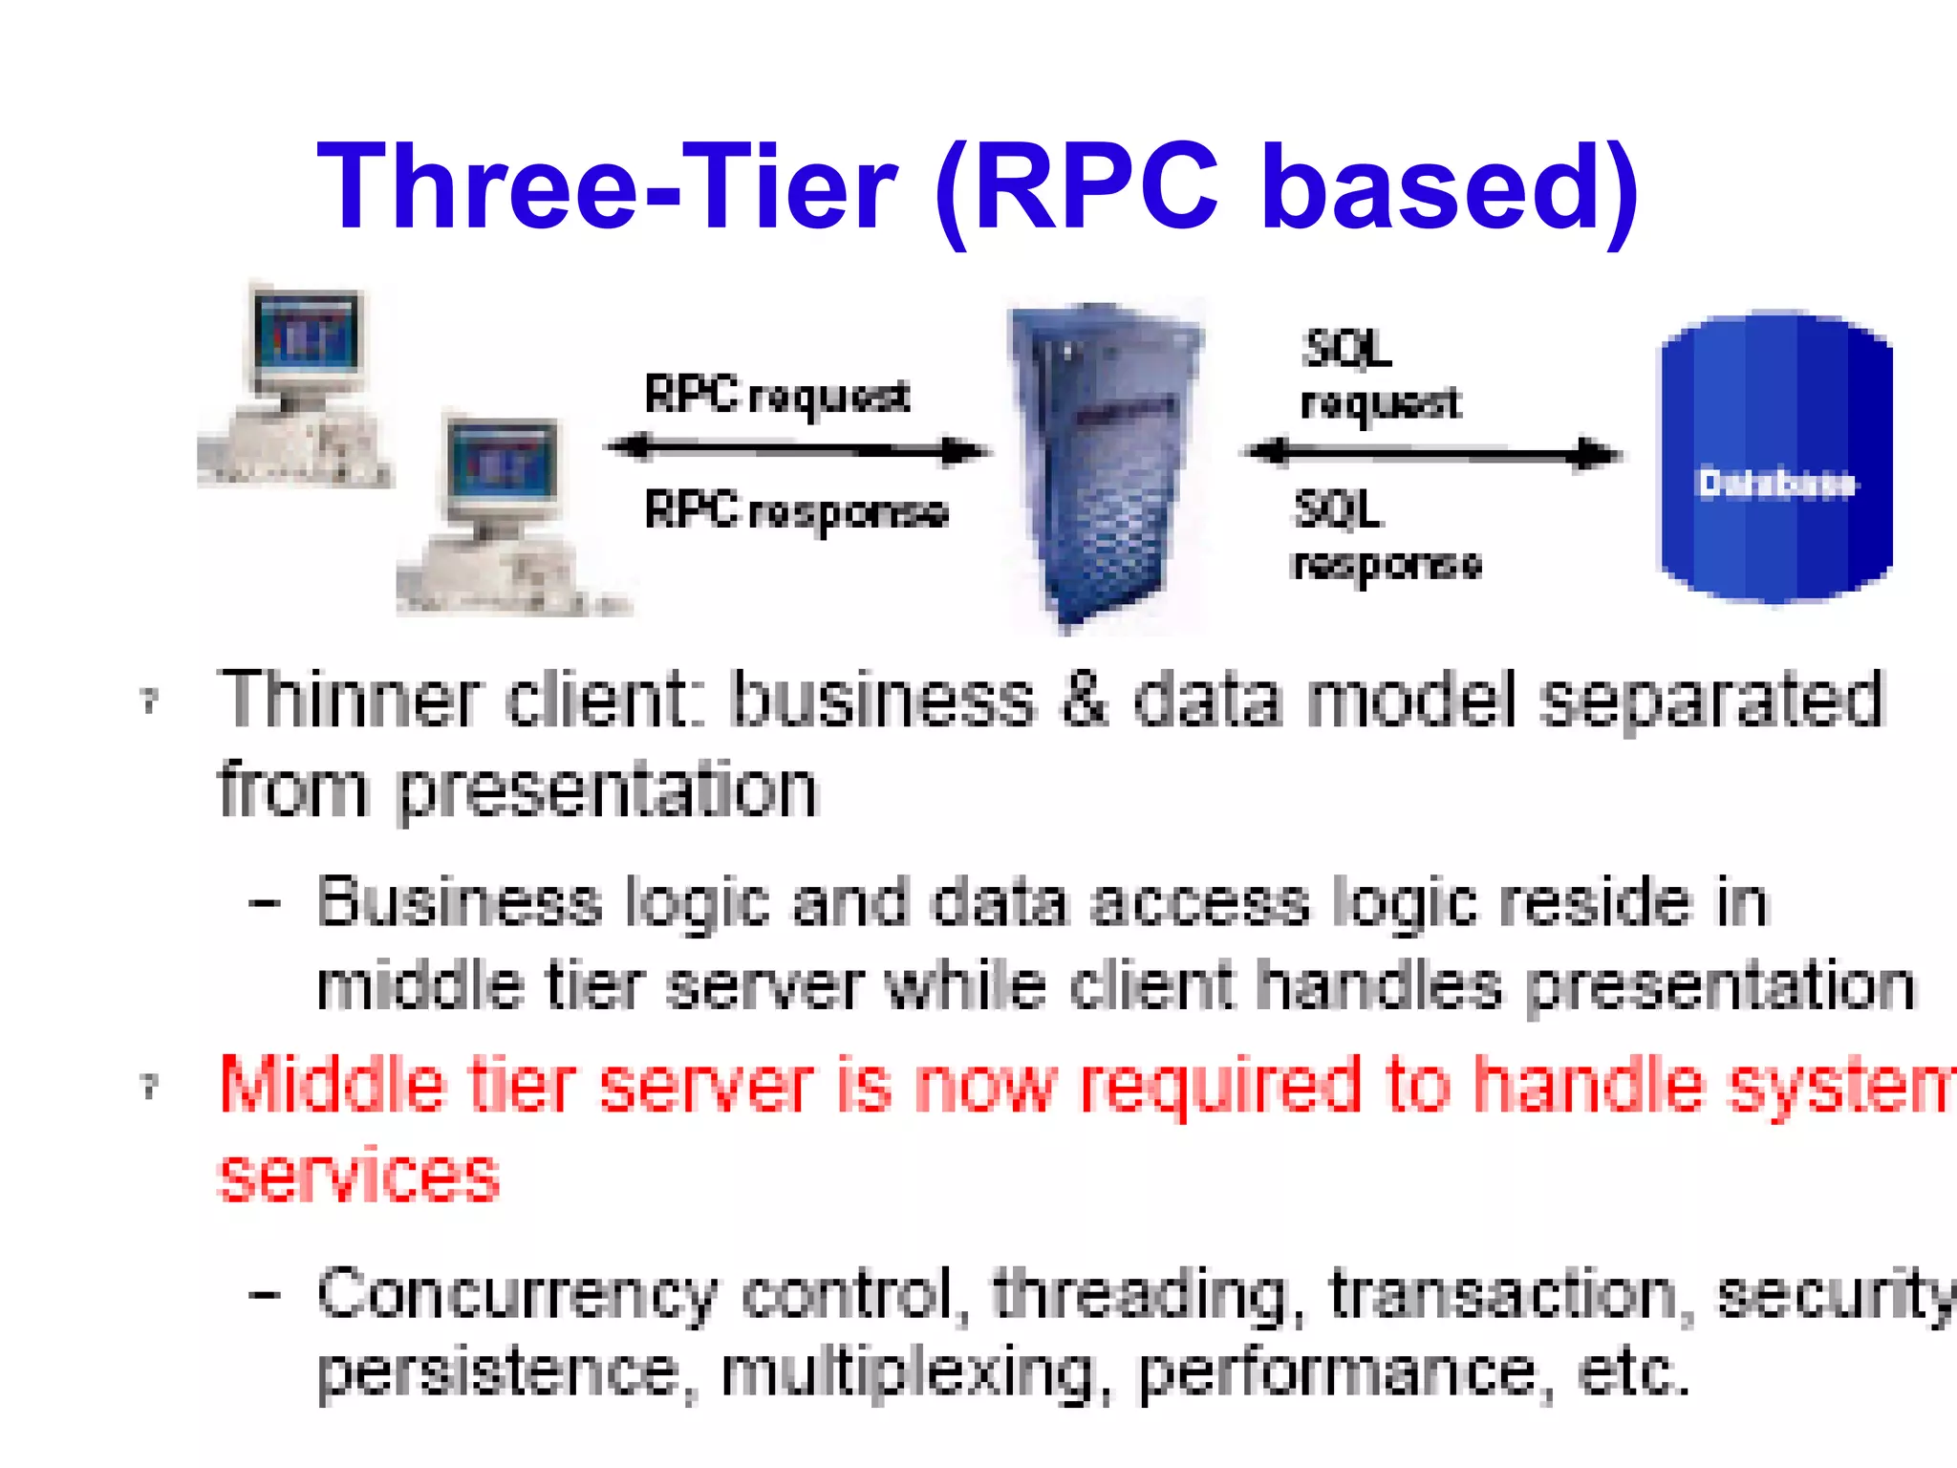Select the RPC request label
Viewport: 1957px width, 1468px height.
(776, 396)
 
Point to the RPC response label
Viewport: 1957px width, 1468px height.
(795, 511)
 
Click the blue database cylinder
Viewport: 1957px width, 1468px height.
(1775, 457)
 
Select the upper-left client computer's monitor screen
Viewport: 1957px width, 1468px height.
(306, 335)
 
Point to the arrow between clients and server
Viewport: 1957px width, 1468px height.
(798, 449)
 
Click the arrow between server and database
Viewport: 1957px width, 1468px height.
(1433, 454)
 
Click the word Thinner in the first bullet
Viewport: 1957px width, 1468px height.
(349, 700)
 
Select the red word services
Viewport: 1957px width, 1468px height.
(359, 1176)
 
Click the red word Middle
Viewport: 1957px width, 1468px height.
(332, 1086)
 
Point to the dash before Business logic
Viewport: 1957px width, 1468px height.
(264, 903)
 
